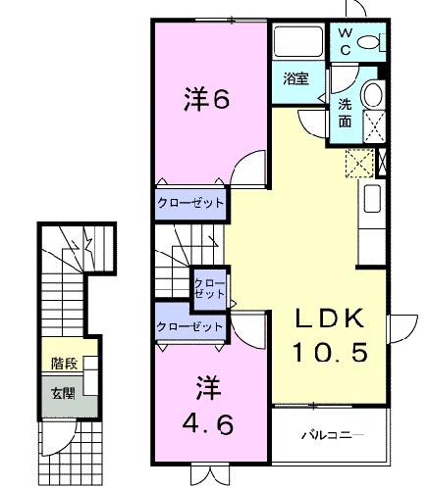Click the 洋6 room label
[x=208, y=100]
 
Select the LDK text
[x=329, y=319]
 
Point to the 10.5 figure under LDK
[x=329, y=351]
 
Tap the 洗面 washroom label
[x=347, y=113]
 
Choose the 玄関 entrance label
[x=63, y=395]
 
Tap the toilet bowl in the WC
[x=371, y=41]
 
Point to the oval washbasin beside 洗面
[x=373, y=95]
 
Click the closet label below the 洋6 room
[x=189, y=203]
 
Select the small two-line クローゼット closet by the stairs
[x=209, y=287]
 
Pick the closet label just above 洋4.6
[x=189, y=327]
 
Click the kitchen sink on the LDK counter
[x=374, y=200]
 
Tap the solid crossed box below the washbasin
[x=373, y=126]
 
